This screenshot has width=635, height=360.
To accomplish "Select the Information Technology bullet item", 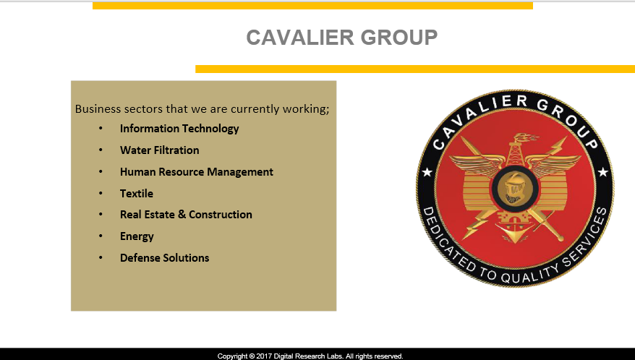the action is (x=179, y=129).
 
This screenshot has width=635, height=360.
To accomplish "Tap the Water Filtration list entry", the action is (x=160, y=150).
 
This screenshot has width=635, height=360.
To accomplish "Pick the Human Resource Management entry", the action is (x=197, y=172).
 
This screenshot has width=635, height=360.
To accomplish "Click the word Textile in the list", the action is (x=137, y=194).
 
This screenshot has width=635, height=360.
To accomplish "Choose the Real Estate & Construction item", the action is (x=186, y=215).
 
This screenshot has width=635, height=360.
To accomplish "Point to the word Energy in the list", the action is (x=137, y=236).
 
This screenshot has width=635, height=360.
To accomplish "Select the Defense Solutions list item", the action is (x=164, y=258).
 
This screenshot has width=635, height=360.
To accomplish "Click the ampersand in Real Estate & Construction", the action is (x=182, y=215).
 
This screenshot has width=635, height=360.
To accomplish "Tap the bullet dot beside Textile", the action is (x=101, y=193).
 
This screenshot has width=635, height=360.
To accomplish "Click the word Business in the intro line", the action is (x=98, y=109).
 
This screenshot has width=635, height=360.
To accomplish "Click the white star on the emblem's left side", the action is (x=427, y=173).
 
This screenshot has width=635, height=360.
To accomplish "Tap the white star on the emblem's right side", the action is (x=603, y=172).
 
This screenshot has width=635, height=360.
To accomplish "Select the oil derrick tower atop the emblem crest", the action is (x=516, y=151).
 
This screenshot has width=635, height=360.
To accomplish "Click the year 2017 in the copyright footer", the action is (x=264, y=356).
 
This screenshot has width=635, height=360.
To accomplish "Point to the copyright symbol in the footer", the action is (x=252, y=356).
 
